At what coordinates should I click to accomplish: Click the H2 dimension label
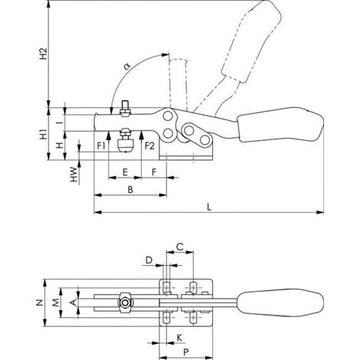click(x=44, y=54)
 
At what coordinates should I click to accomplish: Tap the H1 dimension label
click(x=44, y=134)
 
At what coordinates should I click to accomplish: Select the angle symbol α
click(x=127, y=67)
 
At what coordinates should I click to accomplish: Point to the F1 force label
click(x=101, y=146)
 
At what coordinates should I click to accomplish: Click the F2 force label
click(x=149, y=146)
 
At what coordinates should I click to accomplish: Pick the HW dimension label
click(x=74, y=175)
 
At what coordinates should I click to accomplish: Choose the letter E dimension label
click(x=125, y=172)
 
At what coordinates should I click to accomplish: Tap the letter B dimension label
click(x=130, y=190)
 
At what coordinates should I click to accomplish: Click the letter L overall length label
click(x=209, y=207)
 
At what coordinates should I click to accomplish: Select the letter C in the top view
click(x=180, y=247)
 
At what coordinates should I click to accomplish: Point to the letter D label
click(x=149, y=260)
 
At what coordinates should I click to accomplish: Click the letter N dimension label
click(x=39, y=303)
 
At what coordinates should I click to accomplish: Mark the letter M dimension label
click(x=56, y=303)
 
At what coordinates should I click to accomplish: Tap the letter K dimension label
click(x=179, y=338)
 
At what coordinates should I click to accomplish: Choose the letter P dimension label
click(x=186, y=352)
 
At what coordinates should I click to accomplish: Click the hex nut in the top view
click(x=125, y=303)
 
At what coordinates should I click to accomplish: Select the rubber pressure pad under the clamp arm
click(x=126, y=146)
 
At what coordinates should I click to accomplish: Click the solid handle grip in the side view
click(x=280, y=124)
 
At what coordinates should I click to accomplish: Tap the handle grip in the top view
click(x=280, y=303)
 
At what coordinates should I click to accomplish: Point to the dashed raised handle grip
click(x=251, y=41)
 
